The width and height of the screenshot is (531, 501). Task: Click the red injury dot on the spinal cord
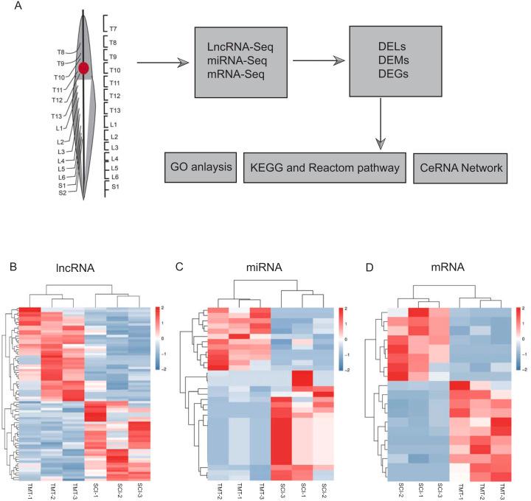coord(84,68)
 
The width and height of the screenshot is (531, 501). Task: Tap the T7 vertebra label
coord(113,28)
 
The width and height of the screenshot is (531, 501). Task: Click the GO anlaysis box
coord(200,169)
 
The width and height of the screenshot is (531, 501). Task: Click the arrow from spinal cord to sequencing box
coord(162,63)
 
